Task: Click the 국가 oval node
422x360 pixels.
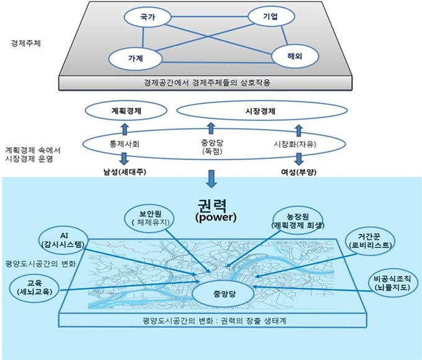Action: pos(148,17)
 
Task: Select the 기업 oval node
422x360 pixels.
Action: pos(271,16)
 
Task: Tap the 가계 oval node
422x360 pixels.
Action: pos(135,58)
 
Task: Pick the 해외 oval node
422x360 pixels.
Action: pos(295,56)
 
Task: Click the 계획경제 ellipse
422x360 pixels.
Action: pos(126,110)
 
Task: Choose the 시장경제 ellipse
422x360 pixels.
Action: pos(262,110)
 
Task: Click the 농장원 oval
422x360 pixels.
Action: pos(298,221)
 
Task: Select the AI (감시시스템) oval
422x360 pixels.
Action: pos(64,240)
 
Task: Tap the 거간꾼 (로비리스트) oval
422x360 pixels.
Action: pos(370,241)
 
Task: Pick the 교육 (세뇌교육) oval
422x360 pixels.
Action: pos(35,287)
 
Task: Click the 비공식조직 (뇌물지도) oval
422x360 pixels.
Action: pos(392,282)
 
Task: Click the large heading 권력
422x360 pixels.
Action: pos(212,205)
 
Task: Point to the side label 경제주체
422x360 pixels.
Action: pos(26,43)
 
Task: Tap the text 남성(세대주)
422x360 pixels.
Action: pos(125,172)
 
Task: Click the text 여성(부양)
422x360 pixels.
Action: pos(299,172)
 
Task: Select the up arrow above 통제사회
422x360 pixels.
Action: pos(124,129)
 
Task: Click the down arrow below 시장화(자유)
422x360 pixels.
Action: pos(299,159)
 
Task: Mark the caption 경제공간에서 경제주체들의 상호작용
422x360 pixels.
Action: pos(207,83)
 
